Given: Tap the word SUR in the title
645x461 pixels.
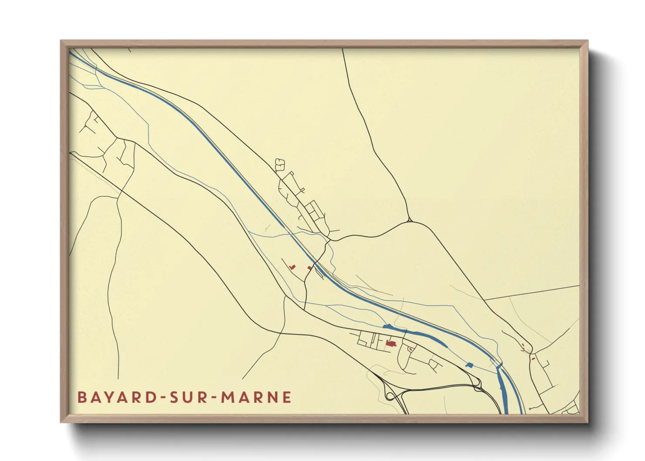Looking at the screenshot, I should [190, 397].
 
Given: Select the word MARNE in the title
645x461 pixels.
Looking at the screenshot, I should [256, 397].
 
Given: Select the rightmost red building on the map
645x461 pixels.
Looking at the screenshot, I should [533, 358].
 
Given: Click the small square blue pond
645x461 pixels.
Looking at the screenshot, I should [469, 365].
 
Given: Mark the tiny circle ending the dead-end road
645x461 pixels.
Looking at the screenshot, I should [530, 409].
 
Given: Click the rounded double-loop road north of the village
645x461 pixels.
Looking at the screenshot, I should [279, 164].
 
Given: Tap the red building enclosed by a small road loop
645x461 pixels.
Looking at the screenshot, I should [411, 349].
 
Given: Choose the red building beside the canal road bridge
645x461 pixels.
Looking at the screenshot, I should [309, 268].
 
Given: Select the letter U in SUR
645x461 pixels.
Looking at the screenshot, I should [190, 397].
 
